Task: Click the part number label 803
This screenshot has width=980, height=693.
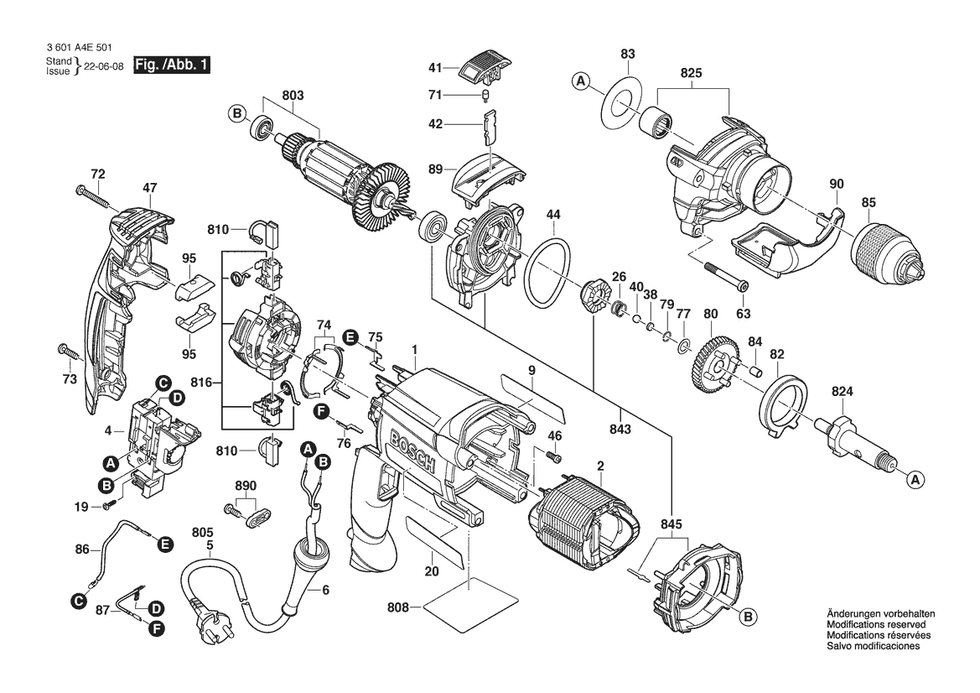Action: (292, 96)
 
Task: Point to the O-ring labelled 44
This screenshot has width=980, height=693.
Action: (547, 272)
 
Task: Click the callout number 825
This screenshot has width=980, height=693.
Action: (691, 75)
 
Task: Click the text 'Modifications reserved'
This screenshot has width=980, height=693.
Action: (876, 625)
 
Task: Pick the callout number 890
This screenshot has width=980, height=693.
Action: (245, 486)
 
